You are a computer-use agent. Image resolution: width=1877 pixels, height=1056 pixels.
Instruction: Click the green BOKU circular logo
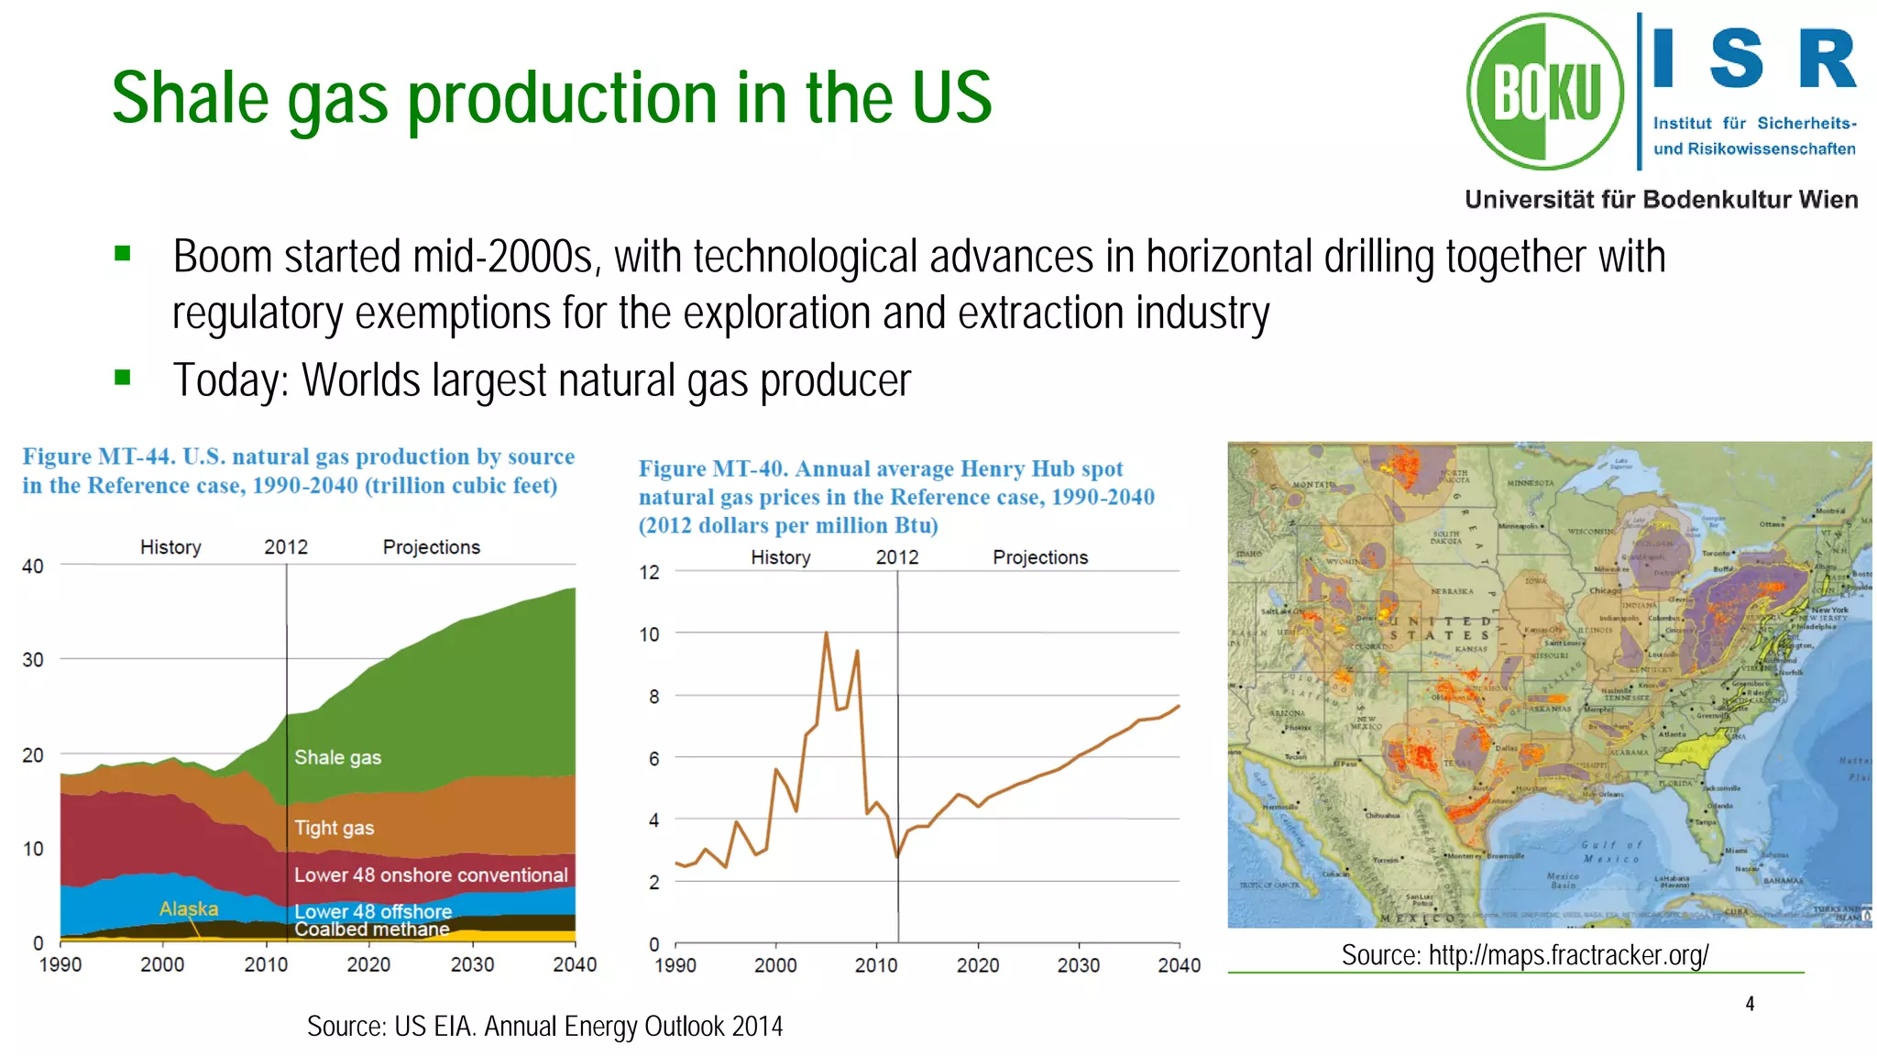point(1545,92)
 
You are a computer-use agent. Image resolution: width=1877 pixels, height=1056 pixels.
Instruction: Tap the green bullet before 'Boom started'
point(123,254)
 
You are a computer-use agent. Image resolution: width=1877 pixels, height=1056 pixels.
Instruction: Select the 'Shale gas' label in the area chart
point(337,757)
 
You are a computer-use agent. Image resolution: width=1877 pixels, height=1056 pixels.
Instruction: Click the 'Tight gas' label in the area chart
point(334,828)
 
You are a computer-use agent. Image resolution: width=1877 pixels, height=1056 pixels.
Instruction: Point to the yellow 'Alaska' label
point(189,908)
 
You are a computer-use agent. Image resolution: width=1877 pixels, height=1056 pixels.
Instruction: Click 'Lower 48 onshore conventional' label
point(431,874)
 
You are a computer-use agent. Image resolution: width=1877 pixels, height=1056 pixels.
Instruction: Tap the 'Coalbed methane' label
point(371,929)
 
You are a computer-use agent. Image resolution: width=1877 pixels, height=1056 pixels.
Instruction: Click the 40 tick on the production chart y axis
point(33,566)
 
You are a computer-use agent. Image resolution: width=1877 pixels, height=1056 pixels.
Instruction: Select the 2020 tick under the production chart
point(368,964)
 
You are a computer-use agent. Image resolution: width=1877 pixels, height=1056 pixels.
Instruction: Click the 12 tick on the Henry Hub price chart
point(649,573)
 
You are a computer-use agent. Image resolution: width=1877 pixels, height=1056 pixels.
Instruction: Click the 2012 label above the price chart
point(896,557)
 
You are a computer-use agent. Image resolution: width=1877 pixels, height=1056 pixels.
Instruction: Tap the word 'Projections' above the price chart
point(1040,557)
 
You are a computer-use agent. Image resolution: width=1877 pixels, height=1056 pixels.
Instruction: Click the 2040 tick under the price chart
point(1179,965)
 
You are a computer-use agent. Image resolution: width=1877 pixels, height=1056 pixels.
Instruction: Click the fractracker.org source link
point(1568,955)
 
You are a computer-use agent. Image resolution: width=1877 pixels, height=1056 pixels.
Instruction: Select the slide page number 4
point(1750,1004)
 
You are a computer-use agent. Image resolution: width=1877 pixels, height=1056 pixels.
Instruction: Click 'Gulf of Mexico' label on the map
point(1611,852)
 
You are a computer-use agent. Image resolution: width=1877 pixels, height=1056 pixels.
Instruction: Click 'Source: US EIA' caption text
point(544,1026)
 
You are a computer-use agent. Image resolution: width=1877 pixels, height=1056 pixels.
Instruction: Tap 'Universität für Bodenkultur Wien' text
point(1661,200)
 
